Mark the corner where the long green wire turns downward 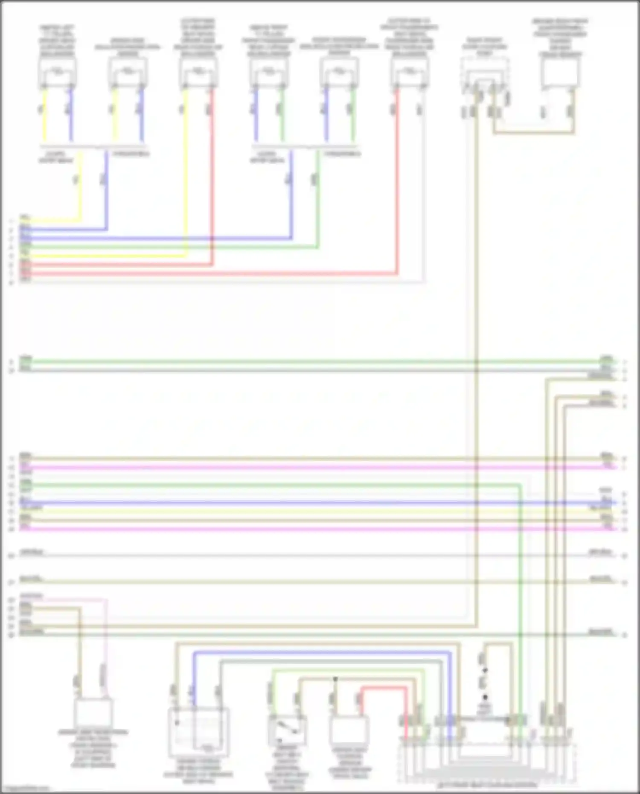521,485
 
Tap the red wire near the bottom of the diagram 384,688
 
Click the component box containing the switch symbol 287,730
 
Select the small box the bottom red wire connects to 349,730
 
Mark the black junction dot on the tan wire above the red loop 335,678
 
